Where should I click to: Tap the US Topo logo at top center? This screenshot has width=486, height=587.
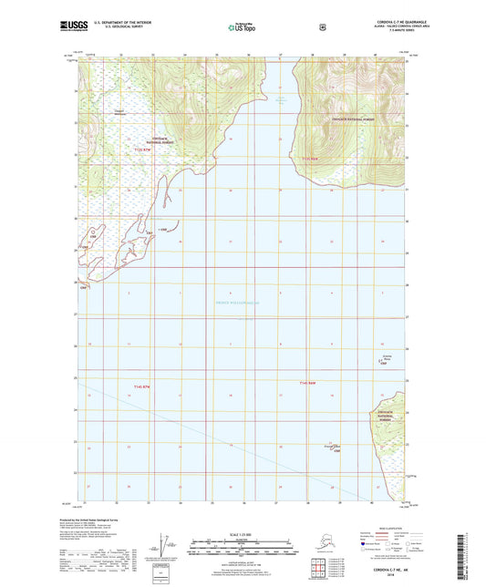coord(242,29)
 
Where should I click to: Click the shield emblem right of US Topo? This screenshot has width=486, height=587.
coord(322,28)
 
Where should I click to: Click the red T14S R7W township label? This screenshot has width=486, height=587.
coord(140,387)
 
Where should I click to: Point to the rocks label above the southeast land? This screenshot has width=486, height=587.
coord(386,358)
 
